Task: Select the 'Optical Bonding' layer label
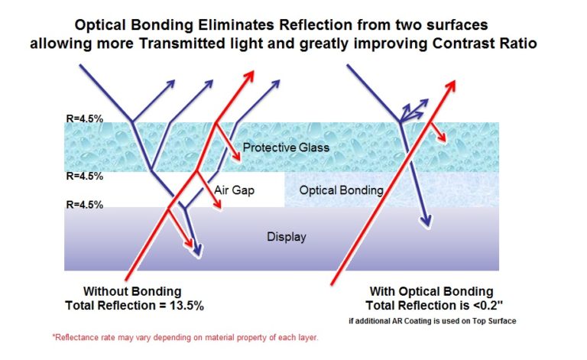(x=341, y=190)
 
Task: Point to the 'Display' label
(x=287, y=237)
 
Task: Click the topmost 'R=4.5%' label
(x=83, y=119)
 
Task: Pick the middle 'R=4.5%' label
(x=83, y=176)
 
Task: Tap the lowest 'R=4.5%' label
(x=83, y=204)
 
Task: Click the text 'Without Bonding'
(x=132, y=291)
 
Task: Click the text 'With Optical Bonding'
(x=433, y=291)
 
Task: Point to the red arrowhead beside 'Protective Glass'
(x=237, y=157)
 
